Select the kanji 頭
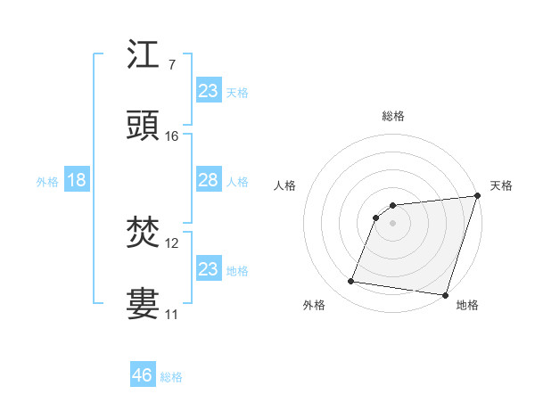(x=143, y=125)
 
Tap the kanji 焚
(x=143, y=234)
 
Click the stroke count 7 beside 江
(x=171, y=64)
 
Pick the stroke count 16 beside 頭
(x=172, y=136)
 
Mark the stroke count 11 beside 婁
(x=172, y=314)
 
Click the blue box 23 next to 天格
(x=208, y=90)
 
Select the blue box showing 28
(x=208, y=180)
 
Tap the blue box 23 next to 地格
(x=208, y=268)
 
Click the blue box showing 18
(x=77, y=180)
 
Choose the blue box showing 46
(x=142, y=374)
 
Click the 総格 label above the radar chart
(x=393, y=116)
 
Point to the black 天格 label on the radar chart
(x=501, y=185)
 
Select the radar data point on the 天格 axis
(x=477, y=197)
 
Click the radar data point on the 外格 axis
(x=351, y=282)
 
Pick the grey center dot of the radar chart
(x=392, y=223)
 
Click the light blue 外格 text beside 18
(x=47, y=182)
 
